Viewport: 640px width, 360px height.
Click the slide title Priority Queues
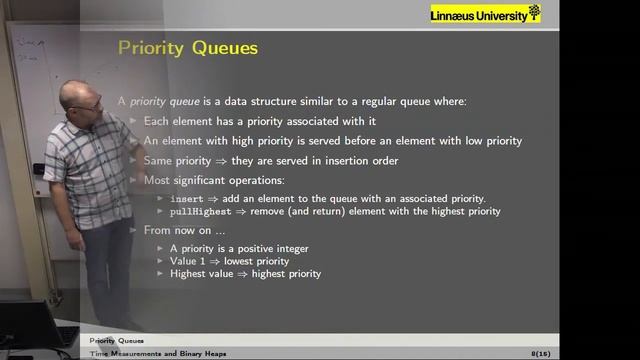pos(188,47)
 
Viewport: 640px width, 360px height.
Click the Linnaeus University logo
pos(485,13)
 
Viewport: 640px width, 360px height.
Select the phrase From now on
pos(173,230)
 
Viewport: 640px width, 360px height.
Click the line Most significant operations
pos(213,180)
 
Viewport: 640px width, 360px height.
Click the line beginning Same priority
pos(257,160)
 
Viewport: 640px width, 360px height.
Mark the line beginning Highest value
pos(245,273)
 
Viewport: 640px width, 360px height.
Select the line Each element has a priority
pos(244,121)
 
